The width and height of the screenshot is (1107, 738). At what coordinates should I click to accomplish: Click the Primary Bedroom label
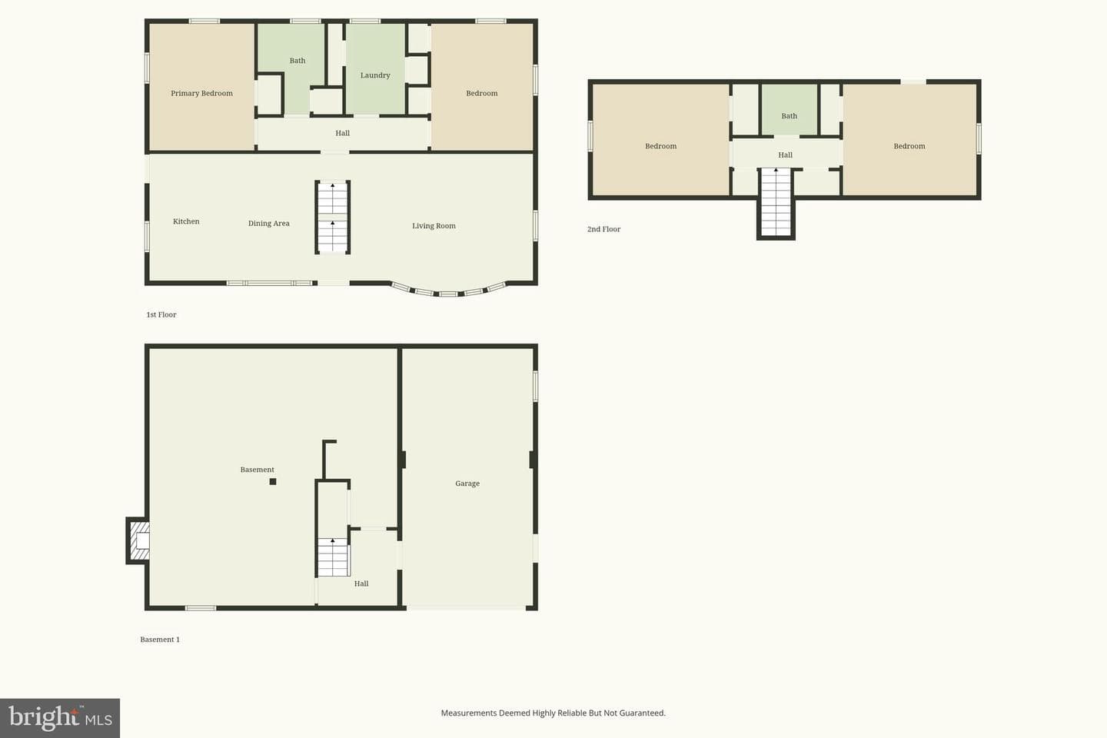tap(201, 94)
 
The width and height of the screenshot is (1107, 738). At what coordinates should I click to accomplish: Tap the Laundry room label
tap(375, 75)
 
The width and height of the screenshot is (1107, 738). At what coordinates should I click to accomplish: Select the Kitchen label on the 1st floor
tap(186, 221)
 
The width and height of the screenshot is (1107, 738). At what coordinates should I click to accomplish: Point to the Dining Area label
tap(269, 224)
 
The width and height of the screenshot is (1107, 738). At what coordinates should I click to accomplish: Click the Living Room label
tap(434, 226)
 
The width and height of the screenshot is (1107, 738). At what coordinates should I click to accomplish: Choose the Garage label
tap(467, 484)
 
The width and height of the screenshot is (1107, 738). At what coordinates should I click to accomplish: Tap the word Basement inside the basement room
tap(257, 470)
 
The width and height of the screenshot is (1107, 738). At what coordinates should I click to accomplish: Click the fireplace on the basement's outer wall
tap(138, 540)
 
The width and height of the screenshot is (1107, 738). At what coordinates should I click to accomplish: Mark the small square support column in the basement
tap(273, 481)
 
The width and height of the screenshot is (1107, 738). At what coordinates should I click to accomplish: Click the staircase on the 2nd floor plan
tap(776, 203)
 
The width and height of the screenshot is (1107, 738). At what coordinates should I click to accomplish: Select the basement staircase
tap(333, 557)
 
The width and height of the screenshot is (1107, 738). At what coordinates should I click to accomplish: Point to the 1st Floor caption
tap(161, 314)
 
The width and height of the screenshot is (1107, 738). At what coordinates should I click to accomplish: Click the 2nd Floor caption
tap(603, 229)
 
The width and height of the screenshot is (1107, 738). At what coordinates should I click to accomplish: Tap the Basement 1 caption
tap(160, 639)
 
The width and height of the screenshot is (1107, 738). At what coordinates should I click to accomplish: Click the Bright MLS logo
tap(60, 718)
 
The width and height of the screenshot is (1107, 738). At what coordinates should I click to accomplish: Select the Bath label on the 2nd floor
tap(789, 116)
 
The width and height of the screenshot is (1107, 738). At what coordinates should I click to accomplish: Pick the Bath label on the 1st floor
tap(297, 61)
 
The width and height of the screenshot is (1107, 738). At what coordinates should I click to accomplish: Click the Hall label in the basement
tap(361, 583)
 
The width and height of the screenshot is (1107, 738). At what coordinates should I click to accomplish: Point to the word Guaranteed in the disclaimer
tap(642, 713)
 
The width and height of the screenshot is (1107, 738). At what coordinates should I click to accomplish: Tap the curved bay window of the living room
tap(449, 293)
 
